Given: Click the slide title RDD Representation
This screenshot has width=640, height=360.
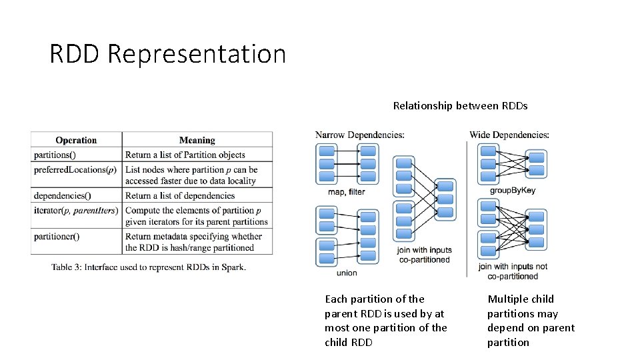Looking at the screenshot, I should click(167, 54).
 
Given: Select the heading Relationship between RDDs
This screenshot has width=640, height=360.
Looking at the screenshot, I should click(460, 105).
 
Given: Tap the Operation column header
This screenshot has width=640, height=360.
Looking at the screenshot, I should click(76, 140).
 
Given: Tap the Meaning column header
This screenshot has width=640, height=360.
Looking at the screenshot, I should click(197, 140).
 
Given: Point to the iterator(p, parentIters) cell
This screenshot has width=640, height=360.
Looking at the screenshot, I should click(76, 211).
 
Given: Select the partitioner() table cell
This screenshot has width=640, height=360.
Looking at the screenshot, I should click(57, 236).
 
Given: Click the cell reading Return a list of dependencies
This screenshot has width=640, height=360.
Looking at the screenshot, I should click(180, 195).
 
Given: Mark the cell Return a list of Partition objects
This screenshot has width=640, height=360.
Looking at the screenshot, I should click(185, 155).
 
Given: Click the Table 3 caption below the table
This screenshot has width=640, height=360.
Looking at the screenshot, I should click(149, 267).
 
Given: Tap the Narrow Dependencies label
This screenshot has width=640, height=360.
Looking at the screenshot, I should click(360, 135).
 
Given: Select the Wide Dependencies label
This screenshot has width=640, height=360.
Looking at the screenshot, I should click(509, 135).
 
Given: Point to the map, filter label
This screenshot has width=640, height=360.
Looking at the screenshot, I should click(347, 192).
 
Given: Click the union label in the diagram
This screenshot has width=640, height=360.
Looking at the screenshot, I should click(347, 273).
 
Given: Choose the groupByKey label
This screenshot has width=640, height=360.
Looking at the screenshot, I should click(513, 190).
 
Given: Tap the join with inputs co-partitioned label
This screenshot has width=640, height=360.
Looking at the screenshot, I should click(423, 255).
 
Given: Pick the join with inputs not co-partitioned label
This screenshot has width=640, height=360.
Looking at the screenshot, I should click(513, 271).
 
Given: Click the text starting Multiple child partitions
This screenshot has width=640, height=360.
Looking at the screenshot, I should click(531, 321).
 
